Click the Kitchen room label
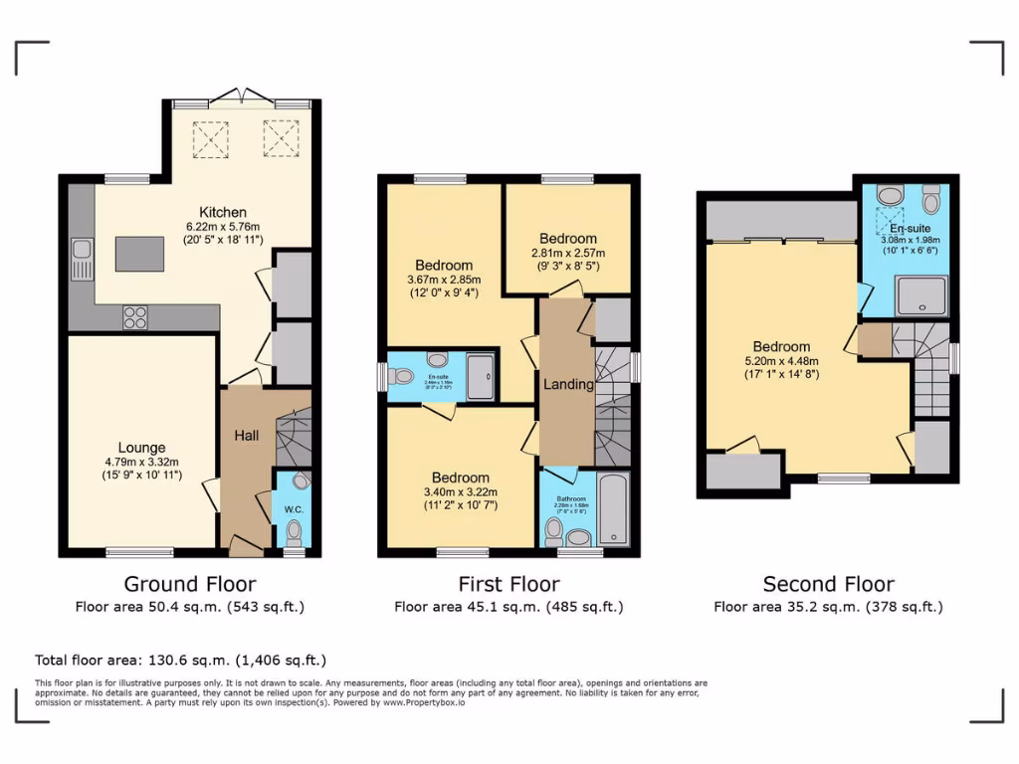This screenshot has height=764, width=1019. (223, 212)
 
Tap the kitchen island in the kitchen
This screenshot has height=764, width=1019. (140, 254)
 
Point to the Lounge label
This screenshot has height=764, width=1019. (141, 448)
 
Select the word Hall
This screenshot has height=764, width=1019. (247, 436)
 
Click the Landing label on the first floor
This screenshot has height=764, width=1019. (568, 384)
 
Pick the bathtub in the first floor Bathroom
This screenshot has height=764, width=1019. (613, 510)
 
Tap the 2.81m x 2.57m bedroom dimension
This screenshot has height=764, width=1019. (568, 253)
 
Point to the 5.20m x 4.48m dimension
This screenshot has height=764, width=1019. (781, 361)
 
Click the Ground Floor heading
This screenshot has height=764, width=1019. (189, 584)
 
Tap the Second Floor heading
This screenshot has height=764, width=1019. (828, 584)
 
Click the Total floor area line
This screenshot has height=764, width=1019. (180, 660)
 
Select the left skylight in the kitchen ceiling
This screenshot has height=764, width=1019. (210, 138)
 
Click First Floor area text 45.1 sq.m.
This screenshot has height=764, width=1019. (509, 606)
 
